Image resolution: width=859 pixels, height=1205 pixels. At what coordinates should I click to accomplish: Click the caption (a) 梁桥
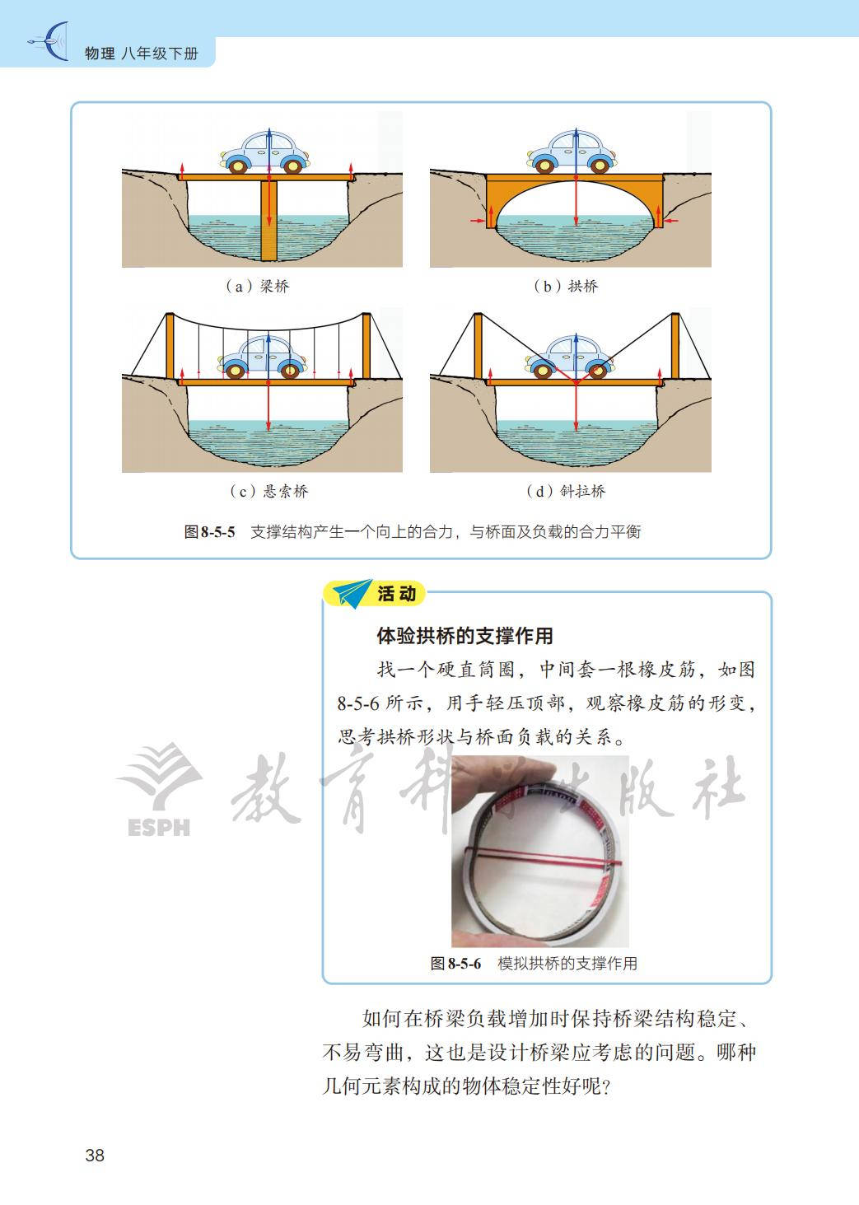(258, 286)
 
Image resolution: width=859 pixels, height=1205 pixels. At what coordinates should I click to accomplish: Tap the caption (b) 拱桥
(566, 286)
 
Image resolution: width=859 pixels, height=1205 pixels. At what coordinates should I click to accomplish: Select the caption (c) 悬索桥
(269, 491)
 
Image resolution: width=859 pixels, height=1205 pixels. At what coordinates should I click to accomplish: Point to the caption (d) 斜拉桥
(566, 491)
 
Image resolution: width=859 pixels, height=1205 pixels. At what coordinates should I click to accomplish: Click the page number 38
(95, 1155)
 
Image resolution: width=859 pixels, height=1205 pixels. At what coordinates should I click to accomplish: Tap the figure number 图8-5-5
(210, 532)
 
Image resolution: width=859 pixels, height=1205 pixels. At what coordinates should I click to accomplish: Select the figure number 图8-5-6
(455, 964)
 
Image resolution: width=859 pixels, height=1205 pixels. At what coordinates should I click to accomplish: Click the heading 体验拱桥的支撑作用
(465, 636)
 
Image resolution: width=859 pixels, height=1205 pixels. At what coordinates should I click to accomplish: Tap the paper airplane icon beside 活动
(352, 593)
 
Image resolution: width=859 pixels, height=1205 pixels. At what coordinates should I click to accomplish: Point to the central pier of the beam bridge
(269, 221)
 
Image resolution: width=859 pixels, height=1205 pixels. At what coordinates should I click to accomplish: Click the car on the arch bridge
(572, 152)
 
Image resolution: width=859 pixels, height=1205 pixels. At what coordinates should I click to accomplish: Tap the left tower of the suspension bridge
(170, 346)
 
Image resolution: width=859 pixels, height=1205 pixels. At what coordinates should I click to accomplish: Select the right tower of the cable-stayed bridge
(675, 346)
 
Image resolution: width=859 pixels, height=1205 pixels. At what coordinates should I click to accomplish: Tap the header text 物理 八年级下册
(142, 54)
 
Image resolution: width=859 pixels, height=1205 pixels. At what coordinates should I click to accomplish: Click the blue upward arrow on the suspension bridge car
(268, 353)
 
